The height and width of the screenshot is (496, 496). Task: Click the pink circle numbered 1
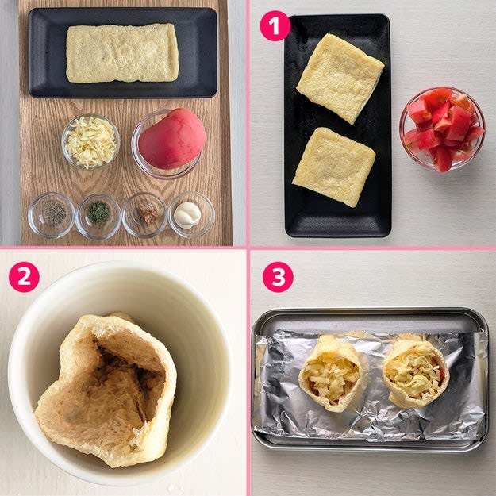pos(275,25)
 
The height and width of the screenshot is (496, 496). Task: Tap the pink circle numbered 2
pos(24,277)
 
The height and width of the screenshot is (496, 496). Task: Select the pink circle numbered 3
pos(278,277)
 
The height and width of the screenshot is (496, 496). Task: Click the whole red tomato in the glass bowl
pos(172,139)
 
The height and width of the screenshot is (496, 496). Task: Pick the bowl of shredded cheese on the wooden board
pos(90,142)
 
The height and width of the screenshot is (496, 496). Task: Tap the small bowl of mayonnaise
pos(191,215)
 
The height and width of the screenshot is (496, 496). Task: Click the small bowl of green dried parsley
pos(98,216)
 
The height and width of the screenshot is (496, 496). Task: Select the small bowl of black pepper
pos(52,215)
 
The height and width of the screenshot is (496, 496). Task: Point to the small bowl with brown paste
pos(144,215)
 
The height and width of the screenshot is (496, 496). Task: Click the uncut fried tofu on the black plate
pos(122,53)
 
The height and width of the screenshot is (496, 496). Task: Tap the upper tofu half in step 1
pos(340,78)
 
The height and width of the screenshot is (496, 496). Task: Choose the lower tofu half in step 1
pos(334,167)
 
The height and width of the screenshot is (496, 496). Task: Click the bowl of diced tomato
pos(442,129)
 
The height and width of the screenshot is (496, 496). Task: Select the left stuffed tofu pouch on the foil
pos(330,373)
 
